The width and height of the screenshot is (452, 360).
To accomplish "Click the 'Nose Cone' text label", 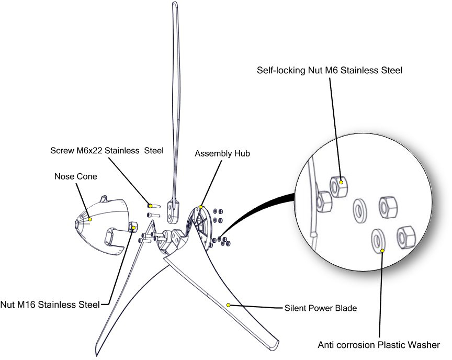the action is [75, 176].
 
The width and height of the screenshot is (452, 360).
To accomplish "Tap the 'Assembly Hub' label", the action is [222, 153].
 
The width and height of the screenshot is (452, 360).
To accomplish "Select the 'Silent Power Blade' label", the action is [321, 308].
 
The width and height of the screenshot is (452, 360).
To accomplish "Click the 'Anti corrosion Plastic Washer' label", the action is [379, 345].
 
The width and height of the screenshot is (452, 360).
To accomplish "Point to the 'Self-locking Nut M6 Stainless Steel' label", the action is [330, 70].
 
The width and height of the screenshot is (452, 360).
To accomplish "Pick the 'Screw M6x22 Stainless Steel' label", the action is [107, 151].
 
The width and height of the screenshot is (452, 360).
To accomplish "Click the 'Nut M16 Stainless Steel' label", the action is [50, 305].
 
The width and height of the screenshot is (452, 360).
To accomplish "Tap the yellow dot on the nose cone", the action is [89, 219].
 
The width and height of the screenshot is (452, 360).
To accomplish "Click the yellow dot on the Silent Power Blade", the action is [228, 305].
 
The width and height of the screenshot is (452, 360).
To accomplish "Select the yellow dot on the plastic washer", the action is [382, 251].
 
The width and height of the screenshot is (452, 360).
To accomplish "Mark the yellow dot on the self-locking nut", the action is [341, 182].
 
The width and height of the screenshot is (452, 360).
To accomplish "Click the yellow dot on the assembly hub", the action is [201, 207].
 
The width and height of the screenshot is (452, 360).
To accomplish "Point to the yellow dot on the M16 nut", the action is [133, 228].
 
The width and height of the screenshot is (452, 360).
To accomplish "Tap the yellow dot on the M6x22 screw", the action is [150, 206].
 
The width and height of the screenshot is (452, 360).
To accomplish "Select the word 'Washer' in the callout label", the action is [425, 345].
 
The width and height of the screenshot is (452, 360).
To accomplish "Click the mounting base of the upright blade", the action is [174, 212].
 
